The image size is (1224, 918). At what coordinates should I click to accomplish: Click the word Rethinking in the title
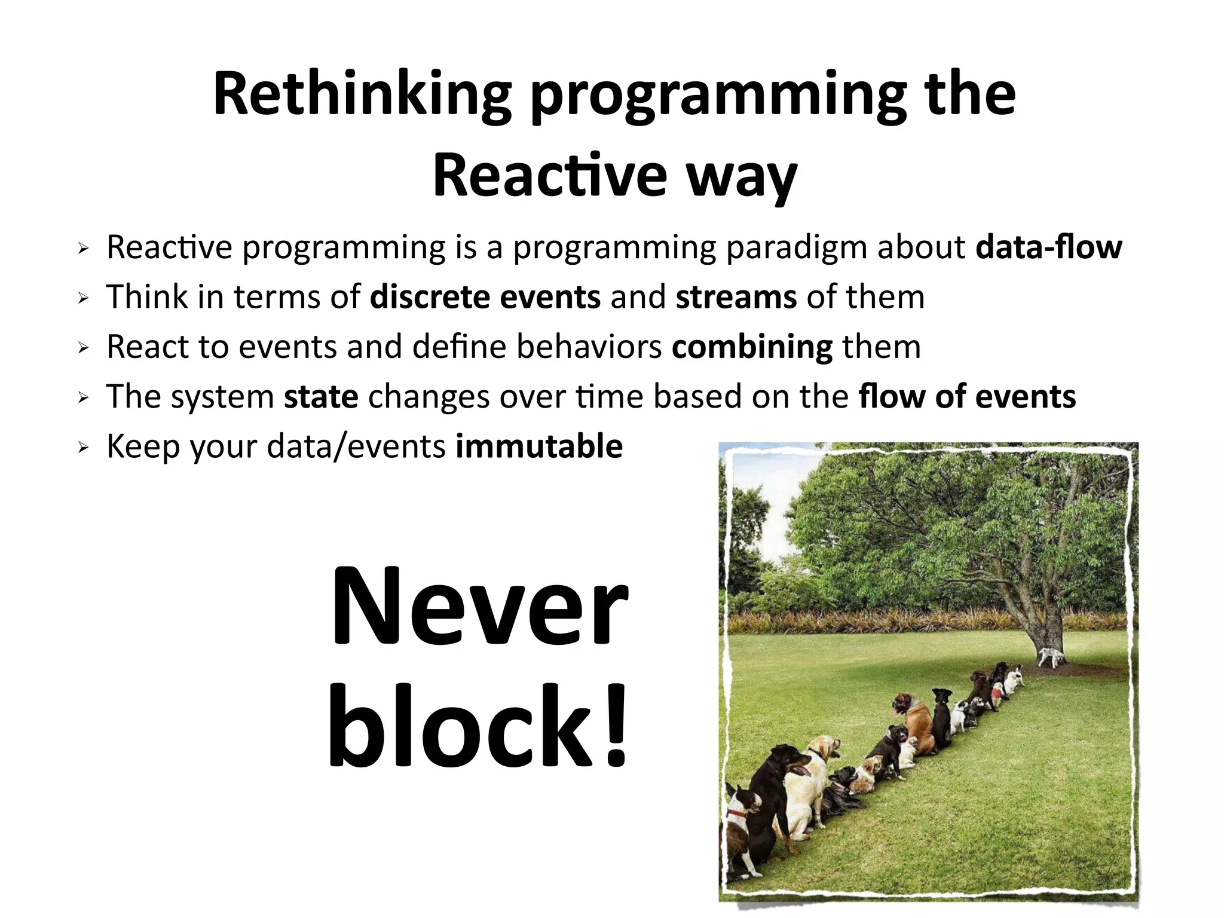click(362, 94)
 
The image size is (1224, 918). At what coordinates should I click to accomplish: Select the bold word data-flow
click(1049, 247)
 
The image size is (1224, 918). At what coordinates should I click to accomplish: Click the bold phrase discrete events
click(485, 297)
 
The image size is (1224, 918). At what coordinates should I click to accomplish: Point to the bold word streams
click(736, 297)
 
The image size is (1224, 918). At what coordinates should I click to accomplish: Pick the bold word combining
click(752, 347)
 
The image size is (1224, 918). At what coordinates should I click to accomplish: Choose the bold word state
click(321, 397)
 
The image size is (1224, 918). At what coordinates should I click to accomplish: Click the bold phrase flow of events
click(966, 397)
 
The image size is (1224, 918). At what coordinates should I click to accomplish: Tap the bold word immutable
click(539, 446)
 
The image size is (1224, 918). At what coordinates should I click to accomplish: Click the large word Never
click(479, 607)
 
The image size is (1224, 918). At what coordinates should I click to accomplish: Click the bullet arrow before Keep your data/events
click(83, 447)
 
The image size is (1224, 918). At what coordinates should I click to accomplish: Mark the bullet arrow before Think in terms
click(83, 298)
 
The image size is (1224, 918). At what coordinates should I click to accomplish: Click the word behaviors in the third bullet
click(589, 347)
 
